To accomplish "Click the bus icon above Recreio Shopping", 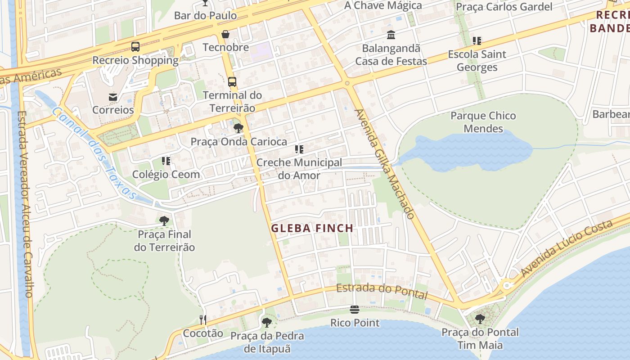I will coord(135,46).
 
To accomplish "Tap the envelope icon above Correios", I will coord(112,97).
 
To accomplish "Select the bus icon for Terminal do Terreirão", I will coord(232,82).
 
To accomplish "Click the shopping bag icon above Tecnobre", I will coord(225,34).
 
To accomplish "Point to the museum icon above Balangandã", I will coord(391,35).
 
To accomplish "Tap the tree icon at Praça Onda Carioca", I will coord(238,128).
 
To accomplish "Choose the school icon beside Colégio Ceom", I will coord(166,161).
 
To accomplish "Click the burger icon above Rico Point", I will coord(355,310).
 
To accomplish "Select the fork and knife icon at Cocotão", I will coord(203,320).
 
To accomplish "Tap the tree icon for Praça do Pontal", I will coord(480,319).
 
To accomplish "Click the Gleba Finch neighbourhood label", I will coord(312,228).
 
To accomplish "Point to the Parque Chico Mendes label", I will coord(483,122).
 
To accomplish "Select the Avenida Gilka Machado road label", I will coord(384,164).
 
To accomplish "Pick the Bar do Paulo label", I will coord(205,15).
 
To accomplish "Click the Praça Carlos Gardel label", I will coord(504,7).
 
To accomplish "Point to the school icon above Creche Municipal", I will coord(299,149).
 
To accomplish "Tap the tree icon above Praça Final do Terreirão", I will coord(164,220).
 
